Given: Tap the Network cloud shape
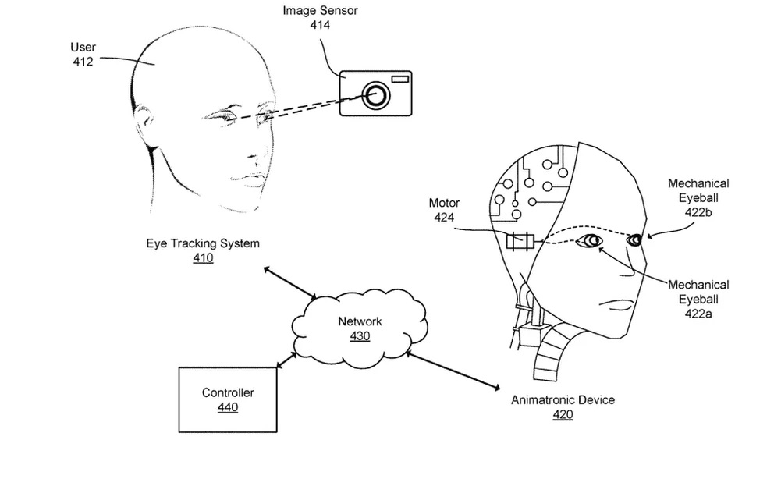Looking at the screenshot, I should [358, 328].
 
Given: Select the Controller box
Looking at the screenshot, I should [228, 399].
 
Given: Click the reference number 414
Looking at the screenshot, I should [321, 26].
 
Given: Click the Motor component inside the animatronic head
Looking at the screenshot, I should [520, 242].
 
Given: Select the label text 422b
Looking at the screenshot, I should [698, 211].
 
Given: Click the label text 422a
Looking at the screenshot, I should [698, 313].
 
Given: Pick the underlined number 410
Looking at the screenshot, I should [203, 257].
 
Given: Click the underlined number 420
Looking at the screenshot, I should [563, 414].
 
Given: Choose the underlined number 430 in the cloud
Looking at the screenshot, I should [360, 336].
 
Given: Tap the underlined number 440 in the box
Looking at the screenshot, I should [228, 407].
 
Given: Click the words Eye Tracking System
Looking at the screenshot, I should [203, 243].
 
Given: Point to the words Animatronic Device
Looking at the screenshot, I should [563, 400].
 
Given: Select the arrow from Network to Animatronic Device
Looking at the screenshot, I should [452, 370].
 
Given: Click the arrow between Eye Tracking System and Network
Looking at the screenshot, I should [289, 283].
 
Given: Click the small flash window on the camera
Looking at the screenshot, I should [400, 78].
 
